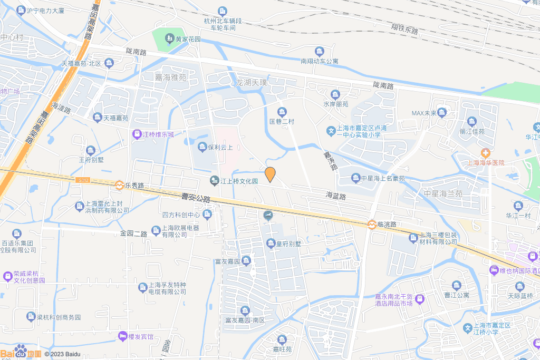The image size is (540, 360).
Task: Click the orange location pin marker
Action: (270, 174)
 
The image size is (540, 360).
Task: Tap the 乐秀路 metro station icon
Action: (120, 186)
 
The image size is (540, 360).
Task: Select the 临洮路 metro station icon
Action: (372, 224)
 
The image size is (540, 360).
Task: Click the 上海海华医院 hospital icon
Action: (485, 152)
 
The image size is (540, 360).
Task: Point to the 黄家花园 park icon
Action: (169, 38)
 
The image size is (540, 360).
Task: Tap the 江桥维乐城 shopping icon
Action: (137, 134)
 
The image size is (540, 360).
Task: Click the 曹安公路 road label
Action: (196, 198)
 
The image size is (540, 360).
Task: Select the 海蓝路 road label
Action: (336, 196)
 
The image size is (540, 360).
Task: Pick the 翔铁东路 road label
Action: (404, 28)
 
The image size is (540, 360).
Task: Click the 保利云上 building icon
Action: (202, 147)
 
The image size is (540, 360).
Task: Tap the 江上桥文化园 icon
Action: (214, 181)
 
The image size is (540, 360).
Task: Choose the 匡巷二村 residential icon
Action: (282, 112)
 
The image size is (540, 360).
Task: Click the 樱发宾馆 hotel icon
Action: (123, 336)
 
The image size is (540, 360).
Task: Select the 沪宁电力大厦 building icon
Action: (21, 10)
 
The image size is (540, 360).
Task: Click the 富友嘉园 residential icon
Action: (246, 260)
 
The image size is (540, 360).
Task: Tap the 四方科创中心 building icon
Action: (207, 214)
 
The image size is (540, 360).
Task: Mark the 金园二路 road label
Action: (134, 232)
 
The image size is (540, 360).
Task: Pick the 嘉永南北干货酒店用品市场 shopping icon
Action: (419, 299)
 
